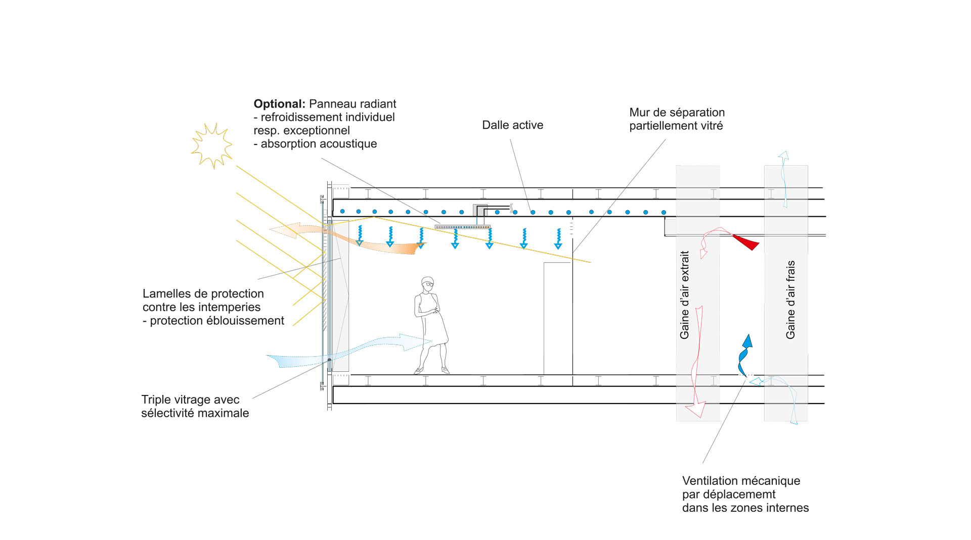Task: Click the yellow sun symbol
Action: pos(212,145)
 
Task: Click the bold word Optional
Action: pos(279,104)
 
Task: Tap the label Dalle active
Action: pos(512,125)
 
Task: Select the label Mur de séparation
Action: pos(677,113)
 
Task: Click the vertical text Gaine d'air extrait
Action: pos(685,295)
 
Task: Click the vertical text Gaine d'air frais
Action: pos(790,300)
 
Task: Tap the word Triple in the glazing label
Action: pos(157,400)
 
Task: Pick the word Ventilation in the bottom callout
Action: pos(712,481)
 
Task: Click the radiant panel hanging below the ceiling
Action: pos(462,227)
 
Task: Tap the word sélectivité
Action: pos(169,413)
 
